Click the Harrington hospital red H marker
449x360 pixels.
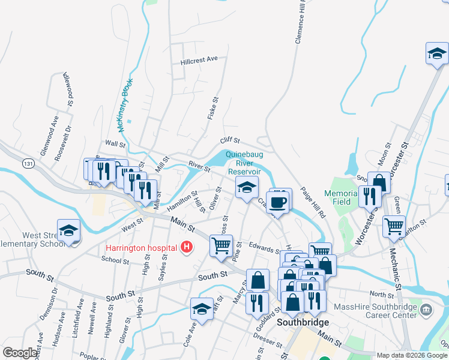click(187, 247)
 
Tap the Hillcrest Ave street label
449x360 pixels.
click(199, 60)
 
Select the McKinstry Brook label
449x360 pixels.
click(124, 106)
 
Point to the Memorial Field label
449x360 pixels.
click(337, 197)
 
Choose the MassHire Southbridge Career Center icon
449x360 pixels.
click(426, 310)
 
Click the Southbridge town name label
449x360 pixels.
click(301, 322)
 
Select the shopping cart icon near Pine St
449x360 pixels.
click(221, 245)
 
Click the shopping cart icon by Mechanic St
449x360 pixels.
click(394, 226)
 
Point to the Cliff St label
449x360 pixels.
click(230, 140)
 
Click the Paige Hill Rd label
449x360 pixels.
click(313, 203)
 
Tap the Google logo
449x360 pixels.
click(20, 352)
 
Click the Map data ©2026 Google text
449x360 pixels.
click(411, 355)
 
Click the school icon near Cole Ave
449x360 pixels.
click(202, 309)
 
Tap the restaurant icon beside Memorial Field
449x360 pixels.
click(369, 195)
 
